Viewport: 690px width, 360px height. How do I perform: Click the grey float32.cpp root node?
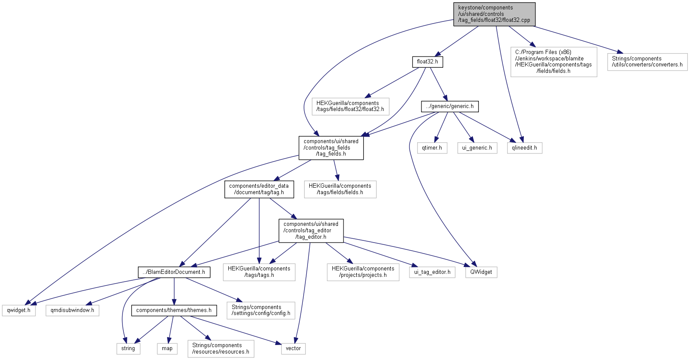pos(494,14)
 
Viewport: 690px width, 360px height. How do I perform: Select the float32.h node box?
pos(427,62)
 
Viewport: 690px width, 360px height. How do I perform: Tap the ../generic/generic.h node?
pos(450,107)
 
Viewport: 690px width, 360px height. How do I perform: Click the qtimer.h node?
pos(432,148)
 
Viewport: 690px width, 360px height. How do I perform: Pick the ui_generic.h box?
pos(477,148)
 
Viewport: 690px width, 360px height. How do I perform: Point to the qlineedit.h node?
pos(525,148)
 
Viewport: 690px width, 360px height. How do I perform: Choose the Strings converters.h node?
pos(647,62)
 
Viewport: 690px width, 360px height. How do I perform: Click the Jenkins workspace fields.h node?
pos(553,62)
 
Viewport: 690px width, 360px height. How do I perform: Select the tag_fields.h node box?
pos(331,148)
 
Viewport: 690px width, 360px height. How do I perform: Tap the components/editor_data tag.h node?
pos(259,189)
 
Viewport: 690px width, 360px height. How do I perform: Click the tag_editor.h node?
pos(311,231)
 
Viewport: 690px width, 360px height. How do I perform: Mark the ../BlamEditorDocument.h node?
pos(174,272)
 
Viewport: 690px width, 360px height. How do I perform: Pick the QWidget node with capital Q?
pos(481,272)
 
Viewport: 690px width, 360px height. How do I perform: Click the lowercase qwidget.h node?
pos(19,310)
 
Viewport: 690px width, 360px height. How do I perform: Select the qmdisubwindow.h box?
pos(72,310)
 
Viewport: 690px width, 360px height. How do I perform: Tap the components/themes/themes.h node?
pos(174,310)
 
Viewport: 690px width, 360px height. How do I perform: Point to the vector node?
pos(293,348)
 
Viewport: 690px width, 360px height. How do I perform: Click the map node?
pos(167,348)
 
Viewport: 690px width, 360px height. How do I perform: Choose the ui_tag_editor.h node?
pos(432,272)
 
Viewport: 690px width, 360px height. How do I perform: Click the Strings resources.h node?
pos(221,348)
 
